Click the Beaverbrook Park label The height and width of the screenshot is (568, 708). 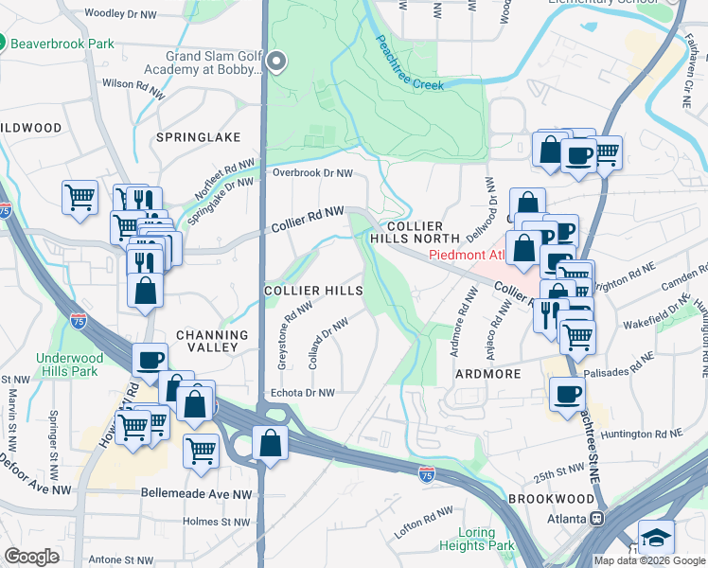(x=62, y=44)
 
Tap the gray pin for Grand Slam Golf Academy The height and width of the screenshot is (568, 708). (x=276, y=62)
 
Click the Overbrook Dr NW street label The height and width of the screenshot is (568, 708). (x=312, y=173)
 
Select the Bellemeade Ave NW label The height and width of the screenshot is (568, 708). (x=196, y=494)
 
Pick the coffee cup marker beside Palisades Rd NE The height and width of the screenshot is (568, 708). (x=568, y=394)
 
